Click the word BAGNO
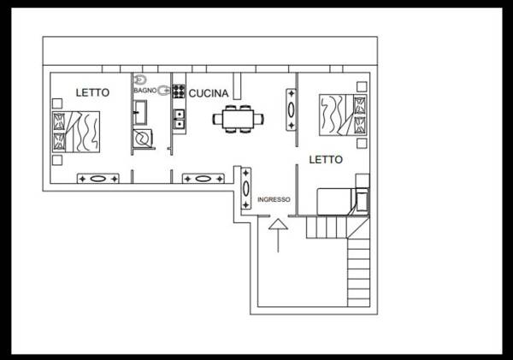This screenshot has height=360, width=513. [x=143, y=90]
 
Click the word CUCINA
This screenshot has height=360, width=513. [x=207, y=92]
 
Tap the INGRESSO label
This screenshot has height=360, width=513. [x=274, y=200]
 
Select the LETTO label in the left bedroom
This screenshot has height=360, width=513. [x=92, y=92]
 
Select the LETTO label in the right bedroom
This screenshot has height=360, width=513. [x=325, y=159]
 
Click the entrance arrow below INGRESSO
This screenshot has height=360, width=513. [x=278, y=234]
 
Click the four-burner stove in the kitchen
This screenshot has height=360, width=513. [x=180, y=91]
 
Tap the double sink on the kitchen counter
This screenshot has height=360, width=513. [x=180, y=119]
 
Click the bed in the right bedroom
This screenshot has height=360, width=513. [x=342, y=114]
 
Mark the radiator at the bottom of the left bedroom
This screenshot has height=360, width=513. [x=97, y=179]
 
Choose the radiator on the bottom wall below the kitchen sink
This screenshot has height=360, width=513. [x=203, y=179]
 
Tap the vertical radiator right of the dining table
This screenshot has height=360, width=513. [x=292, y=109]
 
